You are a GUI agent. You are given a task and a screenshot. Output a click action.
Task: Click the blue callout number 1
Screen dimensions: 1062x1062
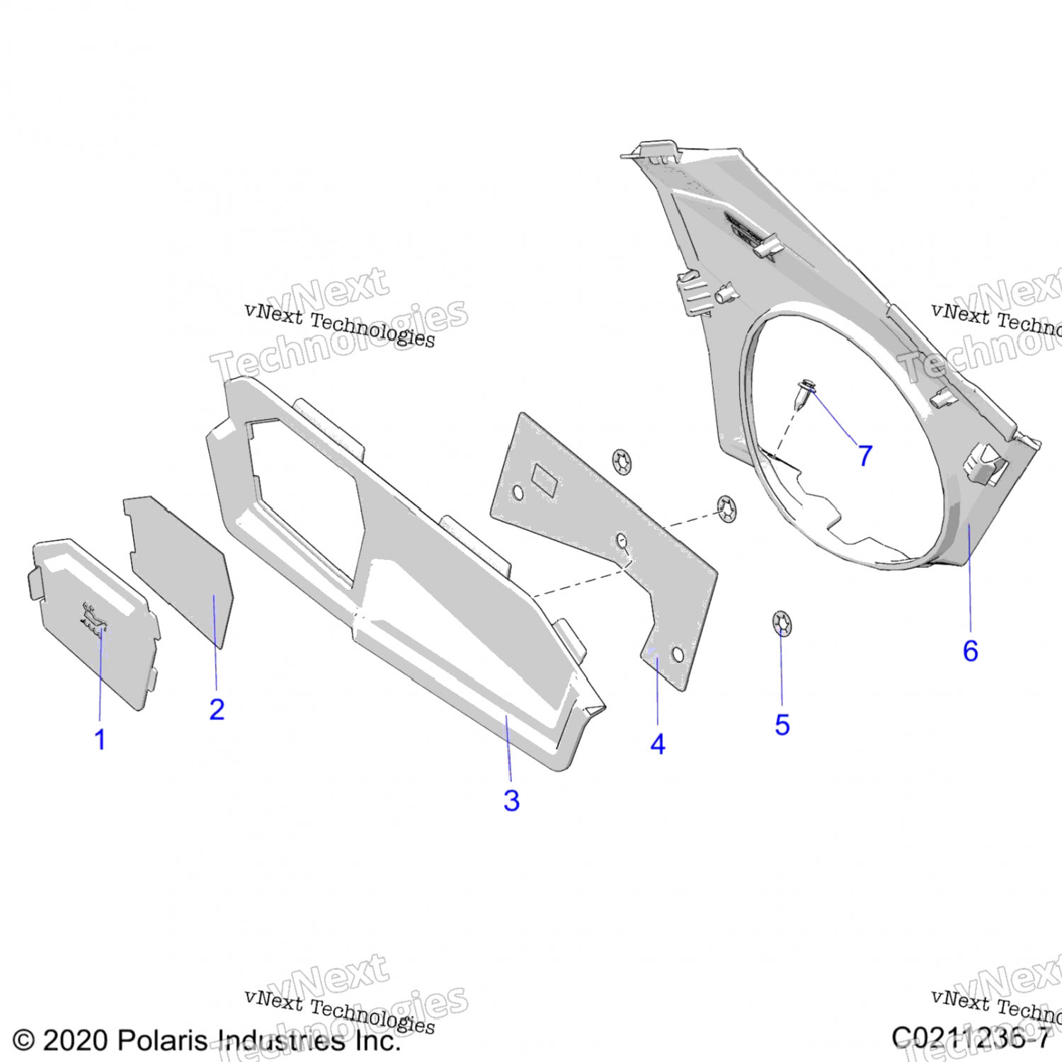click(x=100, y=740)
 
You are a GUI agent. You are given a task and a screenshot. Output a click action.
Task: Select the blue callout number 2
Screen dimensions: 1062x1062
click(x=217, y=709)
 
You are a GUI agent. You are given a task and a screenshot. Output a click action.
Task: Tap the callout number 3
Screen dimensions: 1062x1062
click(x=511, y=801)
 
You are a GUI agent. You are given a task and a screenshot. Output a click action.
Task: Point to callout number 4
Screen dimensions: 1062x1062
click(x=658, y=744)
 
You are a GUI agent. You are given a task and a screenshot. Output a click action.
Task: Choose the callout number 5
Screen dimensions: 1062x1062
click(x=782, y=725)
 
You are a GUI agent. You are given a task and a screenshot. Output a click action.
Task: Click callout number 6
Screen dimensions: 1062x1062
click(x=970, y=651)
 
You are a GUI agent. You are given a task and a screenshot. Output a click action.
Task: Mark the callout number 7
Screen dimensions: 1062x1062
click(x=865, y=455)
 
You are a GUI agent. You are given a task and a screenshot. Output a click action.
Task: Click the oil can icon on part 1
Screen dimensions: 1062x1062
click(x=94, y=619)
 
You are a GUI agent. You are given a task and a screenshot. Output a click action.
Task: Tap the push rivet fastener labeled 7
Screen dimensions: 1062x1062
click(x=804, y=394)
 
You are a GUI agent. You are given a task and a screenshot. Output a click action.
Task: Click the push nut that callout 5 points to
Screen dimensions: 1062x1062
click(x=782, y=624)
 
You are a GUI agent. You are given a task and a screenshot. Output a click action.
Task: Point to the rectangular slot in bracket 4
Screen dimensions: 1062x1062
click(x=545, y=479)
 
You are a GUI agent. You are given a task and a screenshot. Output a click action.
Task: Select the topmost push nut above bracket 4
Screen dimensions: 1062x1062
click(x=622, y=462)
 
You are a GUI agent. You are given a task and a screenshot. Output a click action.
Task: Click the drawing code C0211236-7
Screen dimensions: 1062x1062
click(x=970, y=1038)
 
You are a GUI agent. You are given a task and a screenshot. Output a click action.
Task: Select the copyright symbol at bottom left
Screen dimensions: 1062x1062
click(x=23, y=1040)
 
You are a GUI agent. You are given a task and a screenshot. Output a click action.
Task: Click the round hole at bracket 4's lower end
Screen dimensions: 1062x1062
click(x=677, y=654)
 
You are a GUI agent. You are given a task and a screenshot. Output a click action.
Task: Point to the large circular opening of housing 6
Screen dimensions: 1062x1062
click(x=843, y=439)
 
